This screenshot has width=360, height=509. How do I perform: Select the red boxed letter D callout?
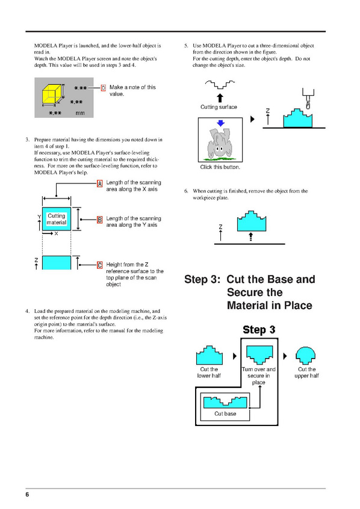tap(104, 88)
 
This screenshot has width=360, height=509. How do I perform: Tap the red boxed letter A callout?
tap(100, 184)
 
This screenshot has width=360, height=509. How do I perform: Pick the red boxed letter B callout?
tap(100, 220)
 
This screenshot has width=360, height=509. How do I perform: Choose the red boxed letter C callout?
tap(100, 265)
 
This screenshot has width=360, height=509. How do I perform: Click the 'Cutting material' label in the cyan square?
tap(57, 219)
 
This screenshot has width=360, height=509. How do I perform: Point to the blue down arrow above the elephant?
tap(220, 123)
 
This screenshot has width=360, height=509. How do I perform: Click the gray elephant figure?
tap(219, 143)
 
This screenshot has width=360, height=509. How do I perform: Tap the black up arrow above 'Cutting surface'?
tap(220, 97)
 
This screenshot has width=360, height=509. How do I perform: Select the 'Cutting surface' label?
tap(219, 107)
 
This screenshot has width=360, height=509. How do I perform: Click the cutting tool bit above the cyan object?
tap(308, 98)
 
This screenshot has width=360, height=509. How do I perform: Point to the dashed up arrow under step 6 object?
tap(250, 236)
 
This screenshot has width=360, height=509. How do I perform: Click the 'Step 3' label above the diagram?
tap(259, 330)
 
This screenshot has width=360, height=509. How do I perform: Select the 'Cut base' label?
tap(225, 413)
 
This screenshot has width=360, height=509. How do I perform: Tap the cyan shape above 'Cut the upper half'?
tap(305, 356)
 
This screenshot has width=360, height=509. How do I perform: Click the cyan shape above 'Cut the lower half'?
tap(209, 355)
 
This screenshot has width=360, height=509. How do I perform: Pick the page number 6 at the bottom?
tap(27, 495)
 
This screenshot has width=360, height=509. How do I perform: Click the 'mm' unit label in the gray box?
tap(80, 113)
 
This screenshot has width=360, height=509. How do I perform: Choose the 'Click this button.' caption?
tap(220, 167)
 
